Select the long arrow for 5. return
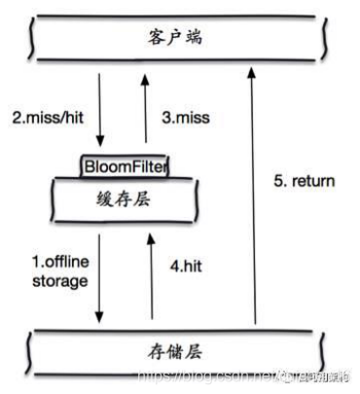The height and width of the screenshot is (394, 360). point(256,195)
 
